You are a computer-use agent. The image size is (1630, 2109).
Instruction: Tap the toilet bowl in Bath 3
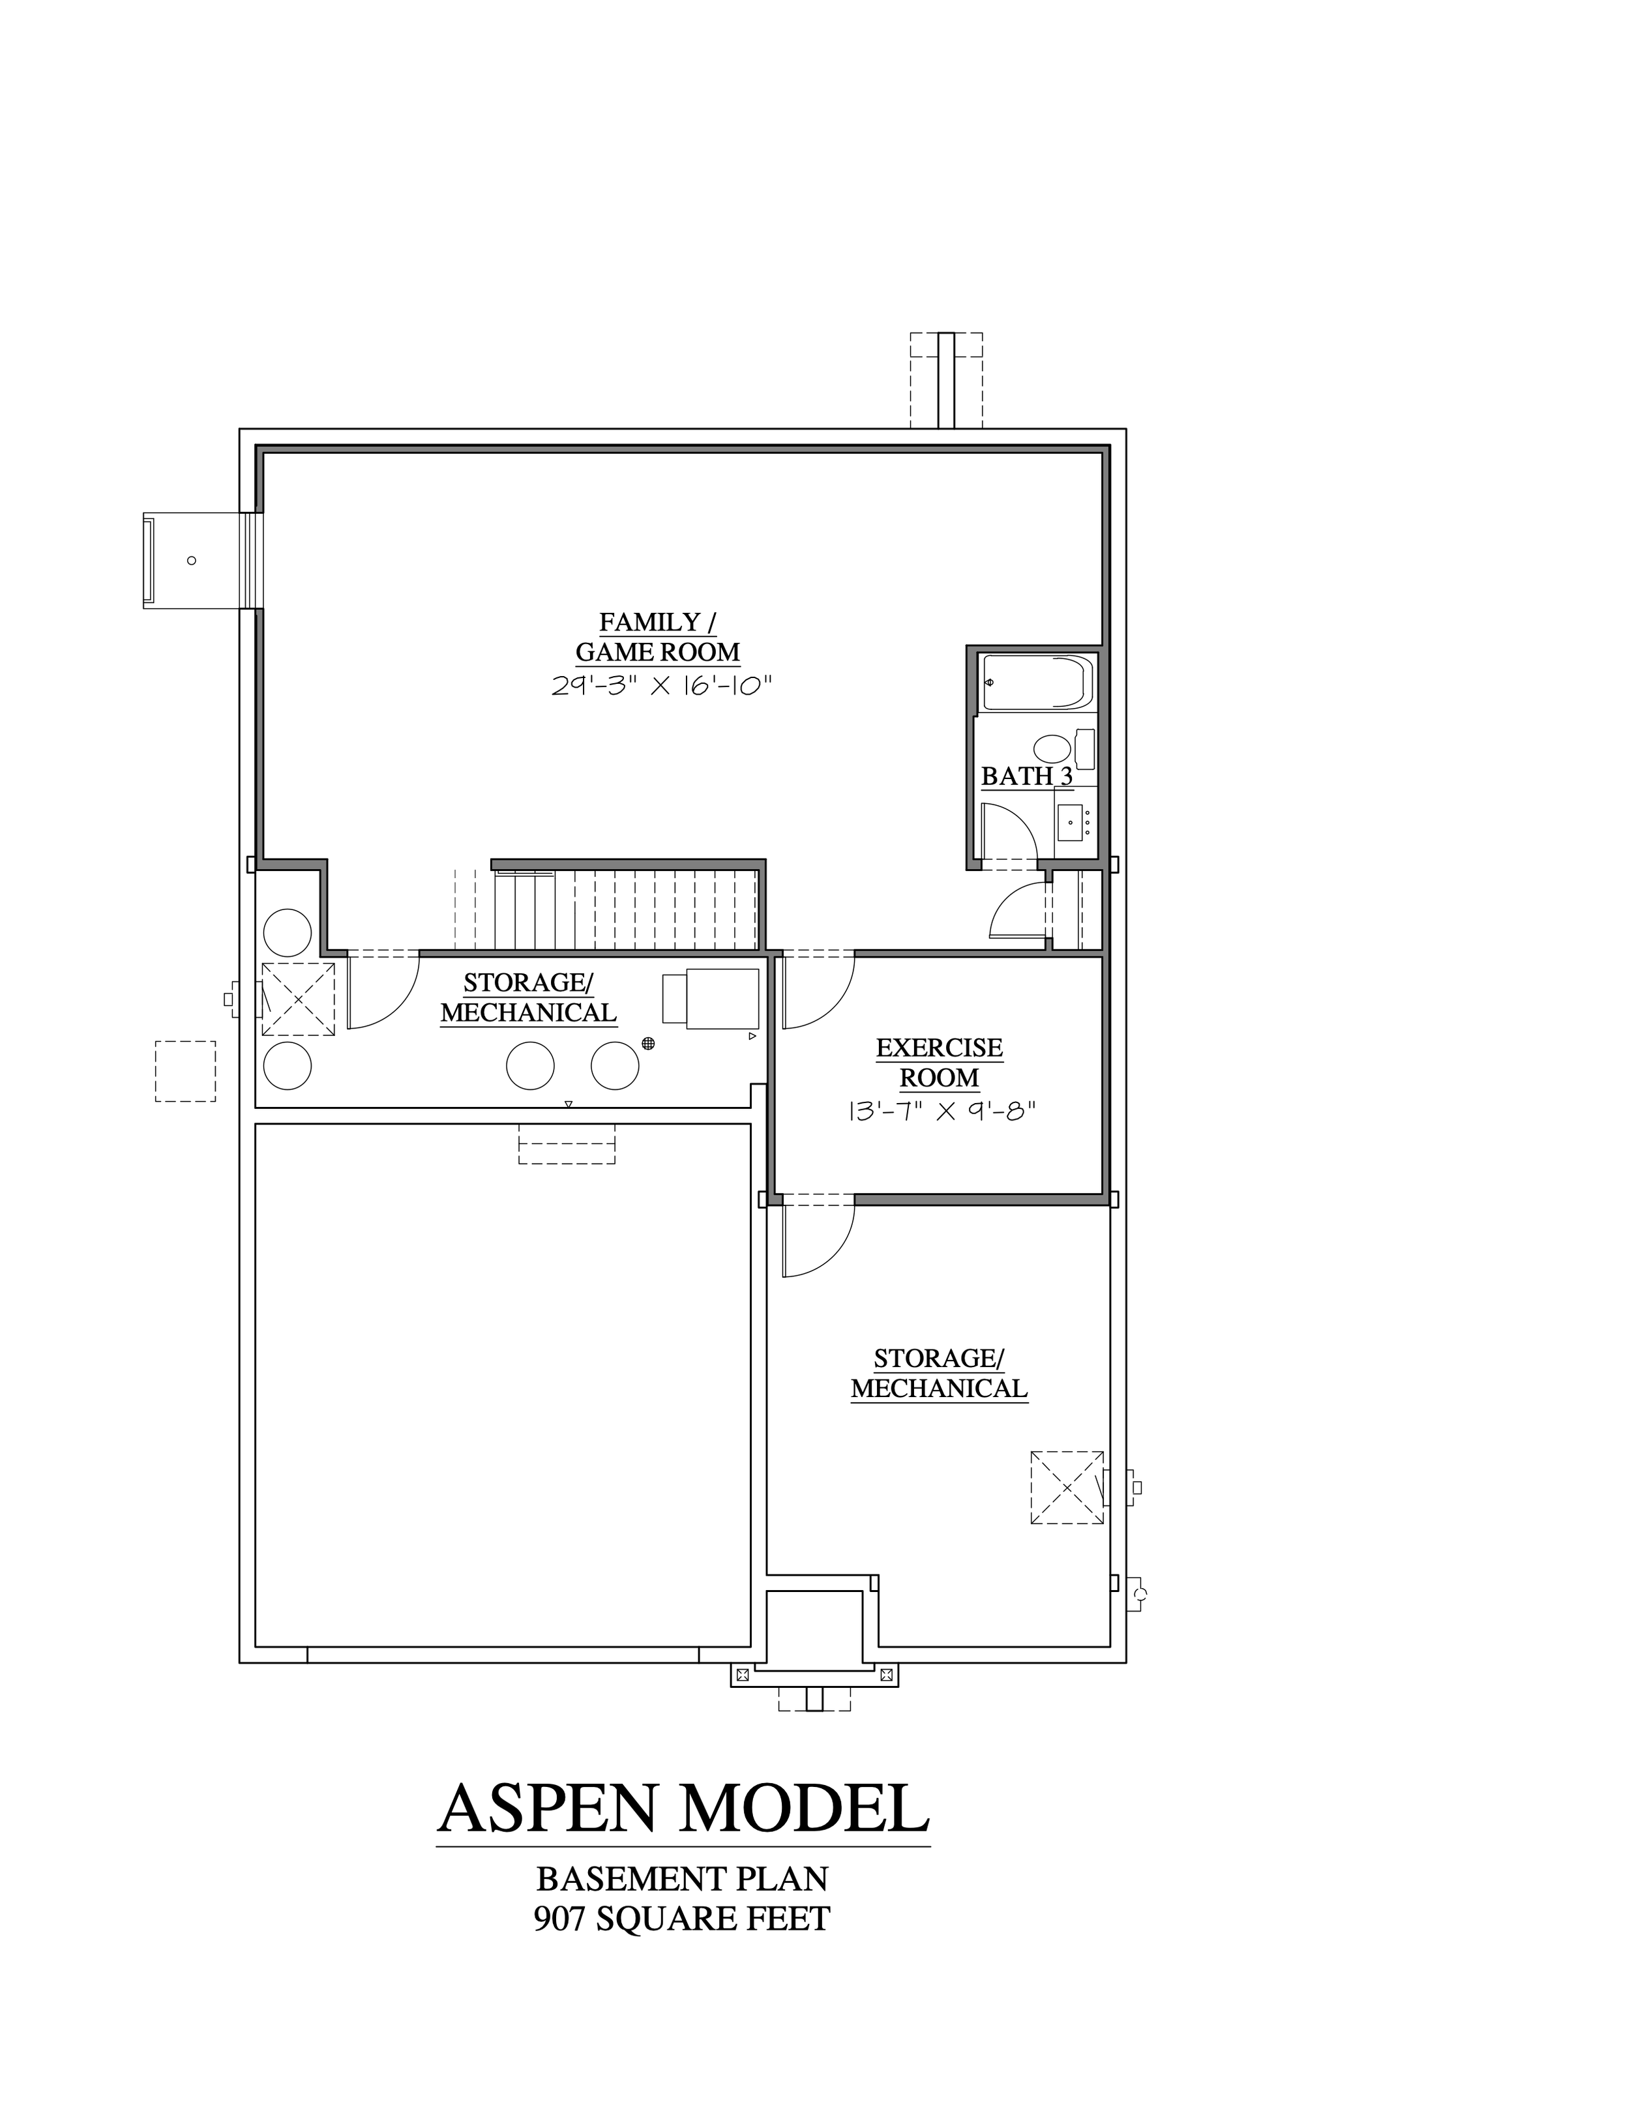pos(1052,749)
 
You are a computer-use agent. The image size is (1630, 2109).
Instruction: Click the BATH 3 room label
pos(1026,776)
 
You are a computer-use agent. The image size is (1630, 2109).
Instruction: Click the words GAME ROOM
pos(658,653)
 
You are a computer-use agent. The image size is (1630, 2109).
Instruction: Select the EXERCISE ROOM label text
pos(940,1062)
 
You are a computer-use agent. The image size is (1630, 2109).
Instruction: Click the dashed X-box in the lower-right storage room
pos(1067,1488)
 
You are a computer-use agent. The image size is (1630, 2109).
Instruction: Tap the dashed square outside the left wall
pos(185,1071)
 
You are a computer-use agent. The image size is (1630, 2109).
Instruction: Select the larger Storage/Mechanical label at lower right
pos(939,1374)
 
